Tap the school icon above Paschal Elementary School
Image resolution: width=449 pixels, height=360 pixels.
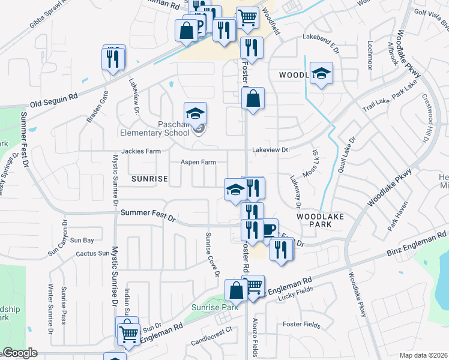(195, 113)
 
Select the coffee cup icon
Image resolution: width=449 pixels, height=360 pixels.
(267, 229)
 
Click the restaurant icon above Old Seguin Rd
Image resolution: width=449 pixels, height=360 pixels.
(113, 58)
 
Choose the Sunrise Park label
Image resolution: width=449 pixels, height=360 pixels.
(211, 308)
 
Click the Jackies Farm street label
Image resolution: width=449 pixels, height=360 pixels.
(142, 151)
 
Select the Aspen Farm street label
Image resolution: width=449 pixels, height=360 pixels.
(198, 162)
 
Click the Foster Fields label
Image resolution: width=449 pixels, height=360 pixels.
(301, 325)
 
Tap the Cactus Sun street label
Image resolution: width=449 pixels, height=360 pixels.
(92, 254)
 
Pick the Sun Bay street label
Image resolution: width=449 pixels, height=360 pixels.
(82, 241)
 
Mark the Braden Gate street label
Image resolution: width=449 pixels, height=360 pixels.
(97, 106)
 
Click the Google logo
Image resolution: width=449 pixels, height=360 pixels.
(20, 353)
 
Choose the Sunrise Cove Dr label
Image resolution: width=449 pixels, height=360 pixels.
(212, 254)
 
